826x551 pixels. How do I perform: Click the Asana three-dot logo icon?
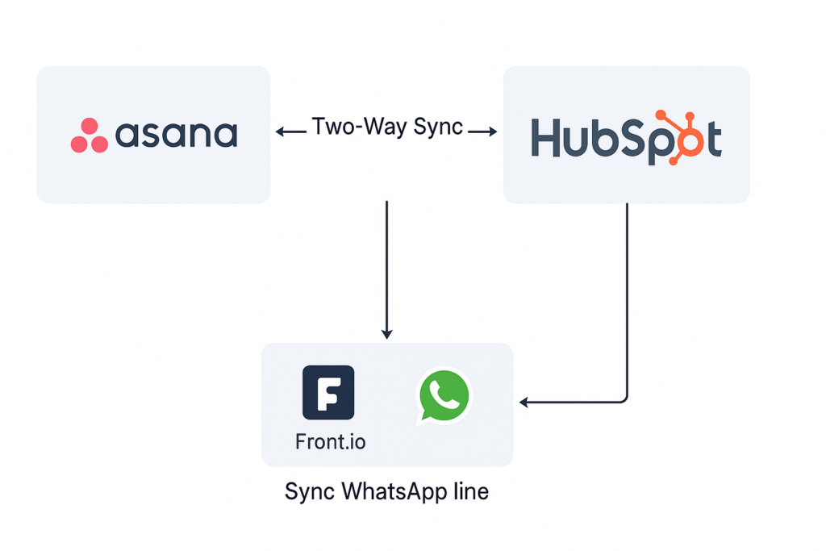point(89,136)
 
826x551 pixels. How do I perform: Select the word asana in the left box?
point(177,135)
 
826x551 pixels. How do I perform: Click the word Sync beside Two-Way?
point(437,127)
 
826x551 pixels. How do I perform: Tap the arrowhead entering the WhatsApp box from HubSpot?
point(524,402)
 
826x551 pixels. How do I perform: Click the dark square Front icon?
point(328,392)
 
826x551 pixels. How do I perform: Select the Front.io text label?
point(331,443)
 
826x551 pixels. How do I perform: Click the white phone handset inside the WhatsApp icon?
point(444,394)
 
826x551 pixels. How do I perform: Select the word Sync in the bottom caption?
point(311,491)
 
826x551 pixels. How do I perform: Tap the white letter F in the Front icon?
point(328,393)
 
